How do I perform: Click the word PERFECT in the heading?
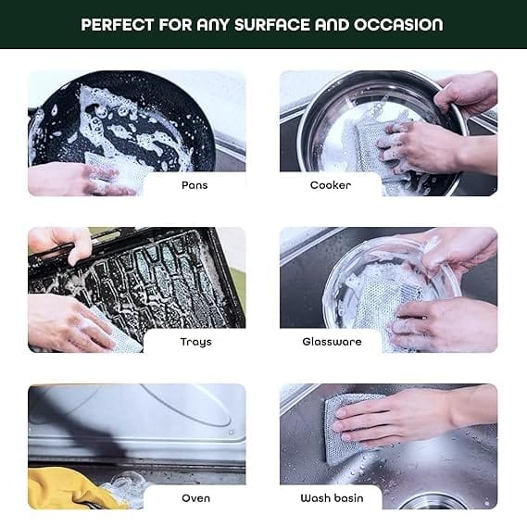pyautogui.click(x=118, y=25)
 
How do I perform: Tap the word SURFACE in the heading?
pyautogui.click(x=271, y=25)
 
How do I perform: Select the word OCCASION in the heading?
pyautogui.click(x=398, y=25)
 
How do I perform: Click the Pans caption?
pyautogui.click(x=194, y=185)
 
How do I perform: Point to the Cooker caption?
pyautogui.click(x=331, y=185)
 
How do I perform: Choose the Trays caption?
pyautogui.click(x=196, y=342)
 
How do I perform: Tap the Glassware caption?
pyautogui.click(x=332, y=342)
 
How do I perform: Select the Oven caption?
pyautogui.click(x=196, y=498)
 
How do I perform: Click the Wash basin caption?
pyautogui.click(x=332, y=498)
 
